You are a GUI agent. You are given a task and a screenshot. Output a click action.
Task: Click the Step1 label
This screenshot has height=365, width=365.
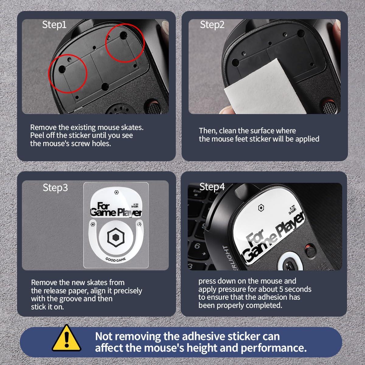(54, 25)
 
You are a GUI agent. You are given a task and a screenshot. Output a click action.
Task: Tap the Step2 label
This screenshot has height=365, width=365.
(212, 25)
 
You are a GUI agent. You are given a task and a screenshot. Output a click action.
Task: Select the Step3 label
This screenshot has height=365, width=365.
(55, 188)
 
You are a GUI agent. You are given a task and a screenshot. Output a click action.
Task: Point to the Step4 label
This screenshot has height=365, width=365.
(212, 187)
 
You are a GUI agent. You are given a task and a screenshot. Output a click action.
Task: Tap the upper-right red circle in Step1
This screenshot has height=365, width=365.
(125, 43)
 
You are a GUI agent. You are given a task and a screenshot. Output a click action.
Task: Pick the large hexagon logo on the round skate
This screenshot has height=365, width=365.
(116, 238)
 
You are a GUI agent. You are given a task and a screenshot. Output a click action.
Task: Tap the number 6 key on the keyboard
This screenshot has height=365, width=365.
(197, 246)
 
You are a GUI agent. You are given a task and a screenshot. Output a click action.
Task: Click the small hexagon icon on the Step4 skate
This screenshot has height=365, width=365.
(260, 208)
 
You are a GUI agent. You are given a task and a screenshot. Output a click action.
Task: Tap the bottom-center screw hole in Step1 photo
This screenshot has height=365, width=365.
(105, 87)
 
